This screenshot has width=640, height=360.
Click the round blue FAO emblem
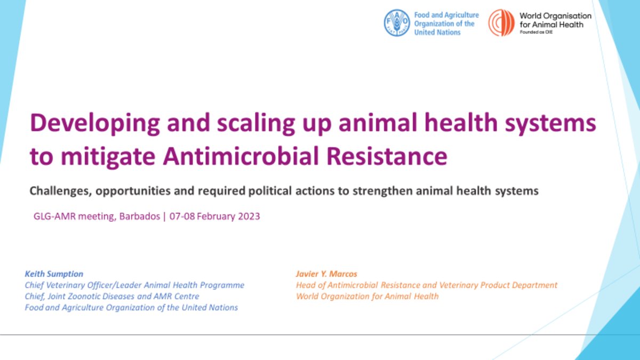point(396,23)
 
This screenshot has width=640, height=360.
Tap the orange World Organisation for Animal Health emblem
point(501,23)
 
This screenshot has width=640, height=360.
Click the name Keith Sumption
point(54,274)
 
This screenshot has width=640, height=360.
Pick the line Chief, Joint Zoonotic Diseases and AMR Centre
point(112,296)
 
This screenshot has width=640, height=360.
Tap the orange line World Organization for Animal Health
point(367,296)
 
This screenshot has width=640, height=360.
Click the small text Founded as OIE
point(536,32)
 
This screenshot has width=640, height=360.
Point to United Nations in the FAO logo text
point(437,32)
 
